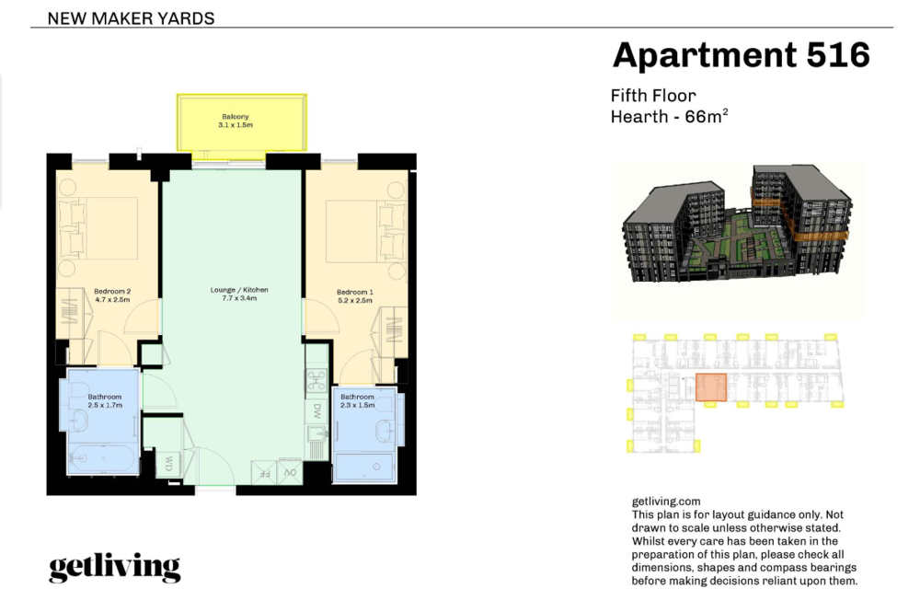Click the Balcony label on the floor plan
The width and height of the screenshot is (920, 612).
(x=236, y=117)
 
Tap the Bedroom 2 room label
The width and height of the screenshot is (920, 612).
(x=112, y=291)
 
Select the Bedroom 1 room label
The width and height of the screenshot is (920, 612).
(x=355, y=292)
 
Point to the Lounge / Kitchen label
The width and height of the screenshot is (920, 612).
(x=239, y=290)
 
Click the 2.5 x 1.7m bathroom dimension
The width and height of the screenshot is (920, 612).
(x=105, y=405)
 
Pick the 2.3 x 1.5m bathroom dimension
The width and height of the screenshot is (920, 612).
(x=357, y=405)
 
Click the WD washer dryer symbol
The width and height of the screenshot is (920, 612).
(x=167, y=464)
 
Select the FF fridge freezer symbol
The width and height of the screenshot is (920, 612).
(x=264, y=472)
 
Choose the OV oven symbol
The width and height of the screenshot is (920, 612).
(x=290, y=472)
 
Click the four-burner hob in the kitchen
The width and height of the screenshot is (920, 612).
(x=316, y=381)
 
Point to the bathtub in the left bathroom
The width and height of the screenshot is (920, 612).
(x=103, y=458)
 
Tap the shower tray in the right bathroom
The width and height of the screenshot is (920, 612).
(x=364, y=468)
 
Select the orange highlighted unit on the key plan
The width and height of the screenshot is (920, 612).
(x=711, y=387)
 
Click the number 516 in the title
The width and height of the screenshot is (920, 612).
(x=838, y=55)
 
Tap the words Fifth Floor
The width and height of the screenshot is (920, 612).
(x=653, y=96)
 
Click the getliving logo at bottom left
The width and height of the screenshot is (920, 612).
(x=114, y=567)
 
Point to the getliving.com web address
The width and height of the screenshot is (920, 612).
(x=666, y=502)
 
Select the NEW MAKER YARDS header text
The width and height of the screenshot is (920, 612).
(x=131, y=18)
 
